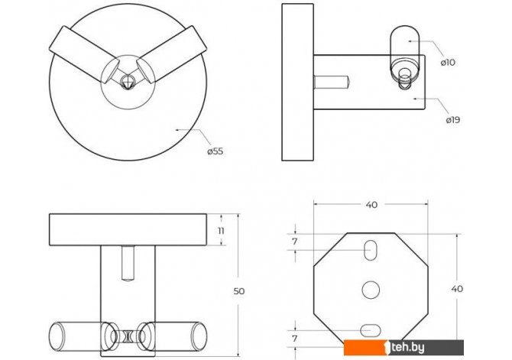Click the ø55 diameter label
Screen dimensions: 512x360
click(x=215, y=151)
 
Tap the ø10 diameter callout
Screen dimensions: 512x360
click(x=448, y=62)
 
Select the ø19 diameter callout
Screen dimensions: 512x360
click(x=452, y=120)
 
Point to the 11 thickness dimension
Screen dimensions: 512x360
click(x=221, y=231)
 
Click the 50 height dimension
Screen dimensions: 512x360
click(x=239, y=291)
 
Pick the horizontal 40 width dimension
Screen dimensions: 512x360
click(x=371, y=205)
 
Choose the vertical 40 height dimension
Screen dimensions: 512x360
click(x=457, y=289)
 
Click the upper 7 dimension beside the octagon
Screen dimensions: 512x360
click(x=295, y=242)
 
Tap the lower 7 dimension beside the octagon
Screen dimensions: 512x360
click(x=295, y=339)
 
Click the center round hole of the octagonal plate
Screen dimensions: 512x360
click(x=371, y=290)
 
